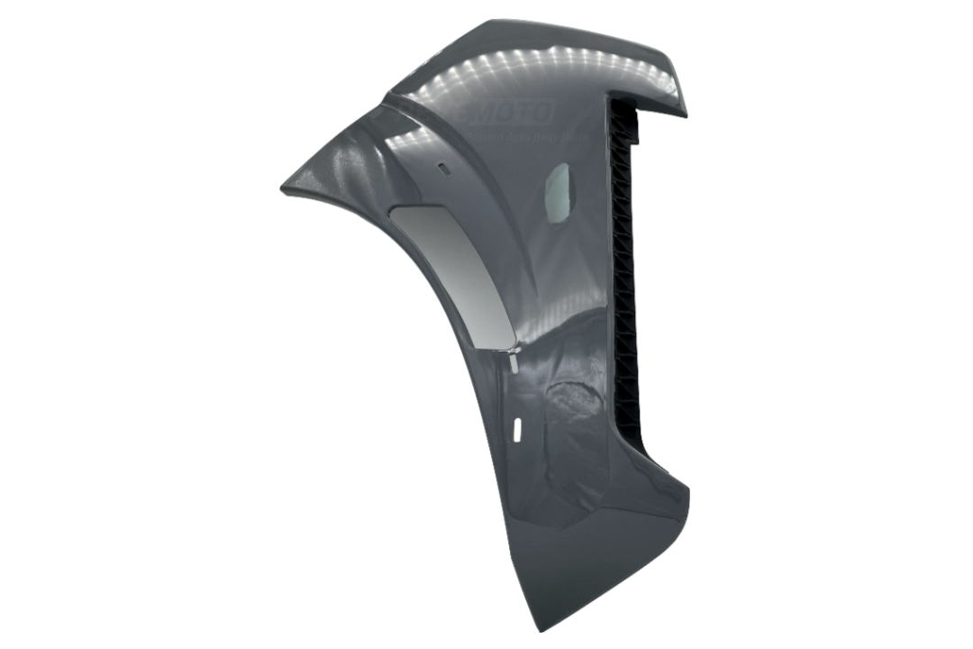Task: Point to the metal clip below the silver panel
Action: [512, 361]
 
